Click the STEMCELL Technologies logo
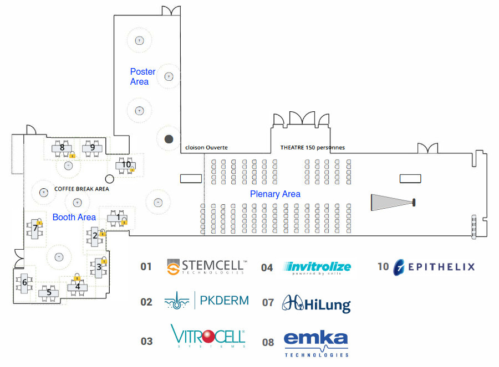coord(207,267)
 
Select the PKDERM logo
coord(207,301)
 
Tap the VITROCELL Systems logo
coord(208,337)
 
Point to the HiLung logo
coord(317,303)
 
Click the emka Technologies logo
coord(316,343)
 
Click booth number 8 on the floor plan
coord(62,147)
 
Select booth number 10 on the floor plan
coord(126,164)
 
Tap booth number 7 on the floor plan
coord(35,228)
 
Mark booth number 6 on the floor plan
coord(24,282)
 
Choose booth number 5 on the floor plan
coord(49,292)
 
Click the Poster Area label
coord(142,76)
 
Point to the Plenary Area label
coord(275,194)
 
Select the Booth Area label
coord(74,217)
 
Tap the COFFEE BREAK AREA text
coord(82,189)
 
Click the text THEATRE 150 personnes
coord(312,148)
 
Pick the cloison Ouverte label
coord(206,148)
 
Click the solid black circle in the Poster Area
coord(169,138)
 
